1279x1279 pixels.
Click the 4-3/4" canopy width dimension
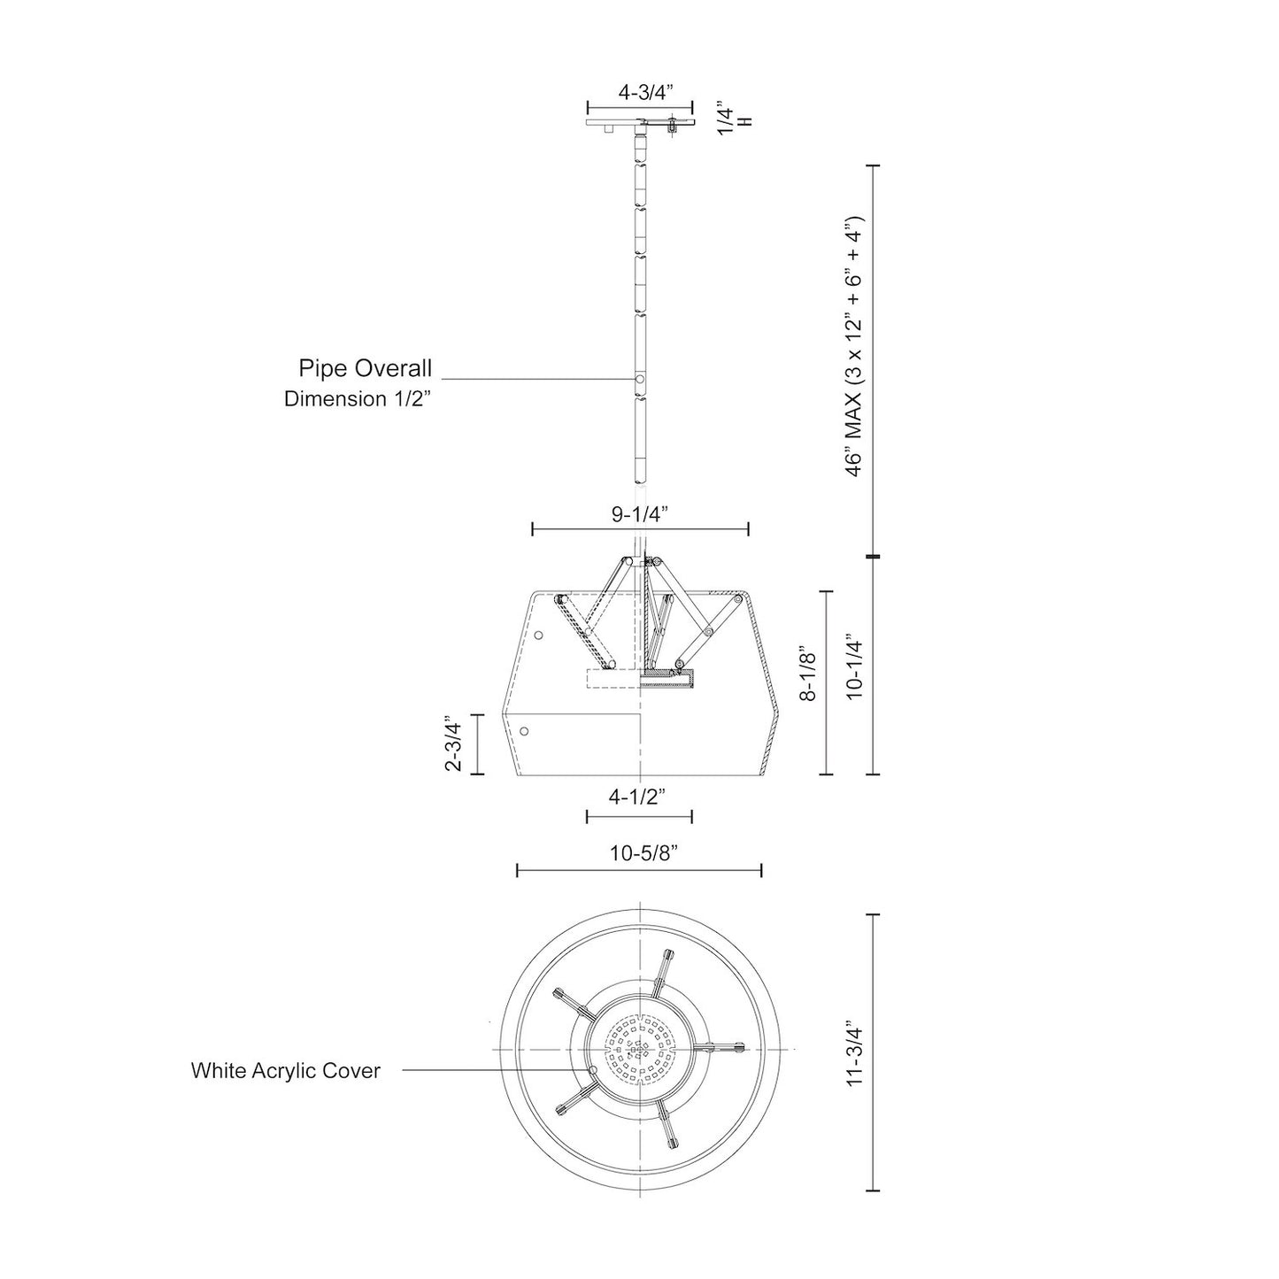pos(645,90)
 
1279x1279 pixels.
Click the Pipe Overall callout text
pos(365,368)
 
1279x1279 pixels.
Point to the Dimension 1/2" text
pos(357,399)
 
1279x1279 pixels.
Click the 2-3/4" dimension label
pos(454,744)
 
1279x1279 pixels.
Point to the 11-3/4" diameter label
pos(855,1054)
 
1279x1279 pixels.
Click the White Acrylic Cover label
pos(286,1071)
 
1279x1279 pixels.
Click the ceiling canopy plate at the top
pos(640,122)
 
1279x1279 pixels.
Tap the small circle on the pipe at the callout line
pos(639,379)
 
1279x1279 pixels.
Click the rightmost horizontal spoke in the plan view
pos(721,1047)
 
